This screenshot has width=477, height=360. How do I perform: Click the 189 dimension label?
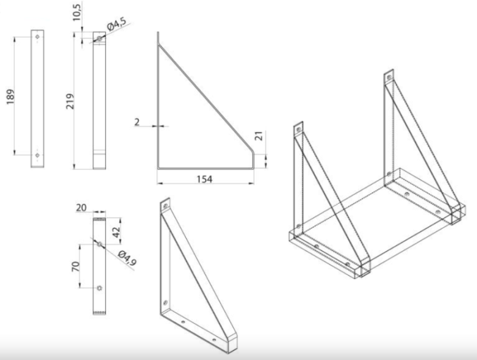click(11, 97)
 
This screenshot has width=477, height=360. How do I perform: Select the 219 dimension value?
click(70, 101)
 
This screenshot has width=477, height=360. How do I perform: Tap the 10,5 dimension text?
click(77, 12)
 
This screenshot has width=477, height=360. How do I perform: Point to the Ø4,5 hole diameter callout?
click(117, 24)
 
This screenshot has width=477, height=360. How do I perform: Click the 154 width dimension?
click(205, 179)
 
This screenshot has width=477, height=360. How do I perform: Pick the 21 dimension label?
click(258, 136)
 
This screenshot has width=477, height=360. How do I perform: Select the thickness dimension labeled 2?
click(137, 122)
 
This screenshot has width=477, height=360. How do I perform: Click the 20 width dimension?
click(81, 207)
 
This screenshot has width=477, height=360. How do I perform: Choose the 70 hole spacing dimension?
click(76, 266)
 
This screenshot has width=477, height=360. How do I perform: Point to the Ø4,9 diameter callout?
click(127, 258)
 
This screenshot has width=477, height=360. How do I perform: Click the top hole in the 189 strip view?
click(38, 37)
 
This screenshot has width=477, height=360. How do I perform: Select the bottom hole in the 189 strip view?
click(38, 155)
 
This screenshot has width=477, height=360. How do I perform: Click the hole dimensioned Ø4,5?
click(100, 38)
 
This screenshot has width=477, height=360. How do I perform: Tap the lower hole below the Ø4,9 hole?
click(100, 288)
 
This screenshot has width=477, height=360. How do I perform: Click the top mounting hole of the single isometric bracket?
click(166, 206)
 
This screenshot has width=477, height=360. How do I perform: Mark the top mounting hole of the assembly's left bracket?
click(299, 129)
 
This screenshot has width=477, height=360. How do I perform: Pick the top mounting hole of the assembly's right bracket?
click(389, 77)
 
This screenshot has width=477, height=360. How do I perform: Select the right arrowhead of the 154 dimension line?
click(251, 184)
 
